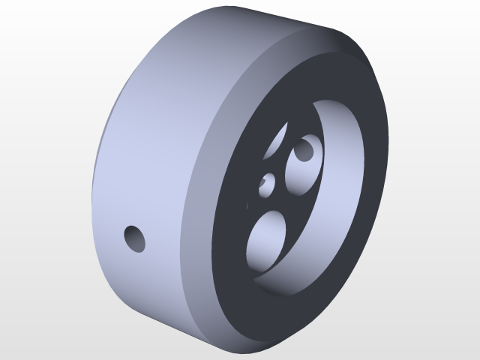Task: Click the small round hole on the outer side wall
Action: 136,238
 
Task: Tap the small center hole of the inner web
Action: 268,184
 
